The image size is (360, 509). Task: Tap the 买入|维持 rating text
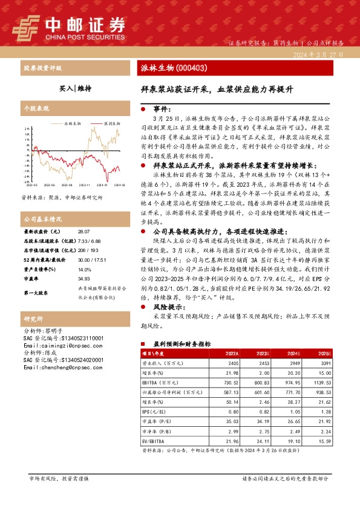[75, 88]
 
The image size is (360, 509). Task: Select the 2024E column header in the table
[292, 353]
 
